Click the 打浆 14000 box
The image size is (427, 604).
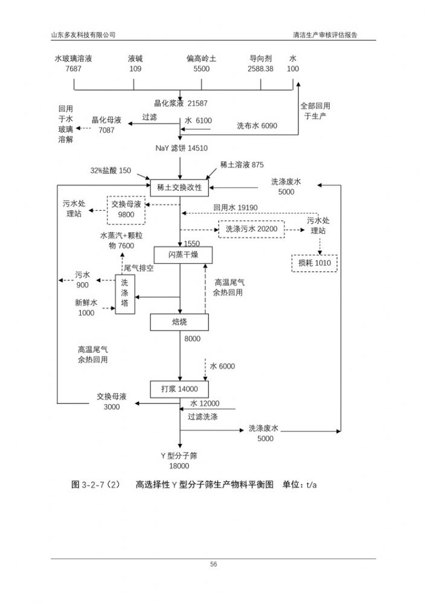(179, 388)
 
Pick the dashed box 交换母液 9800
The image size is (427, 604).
(126, 210)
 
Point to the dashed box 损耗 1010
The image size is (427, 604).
(314, 263)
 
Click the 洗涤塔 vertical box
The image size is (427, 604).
(125, 294)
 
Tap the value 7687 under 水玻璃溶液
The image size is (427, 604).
(73, 69)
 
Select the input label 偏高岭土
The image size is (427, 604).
(201, 59)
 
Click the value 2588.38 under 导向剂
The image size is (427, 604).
(260, 69)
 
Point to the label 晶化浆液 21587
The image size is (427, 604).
(181, 103)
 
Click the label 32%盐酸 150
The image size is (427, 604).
(111, 171)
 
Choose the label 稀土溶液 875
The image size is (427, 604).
(242, 165)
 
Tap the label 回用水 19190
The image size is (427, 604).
(235, 207)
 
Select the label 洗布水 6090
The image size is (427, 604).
(257, 126)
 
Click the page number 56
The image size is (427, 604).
(213, 564)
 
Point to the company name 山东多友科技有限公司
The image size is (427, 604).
(83, 35)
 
